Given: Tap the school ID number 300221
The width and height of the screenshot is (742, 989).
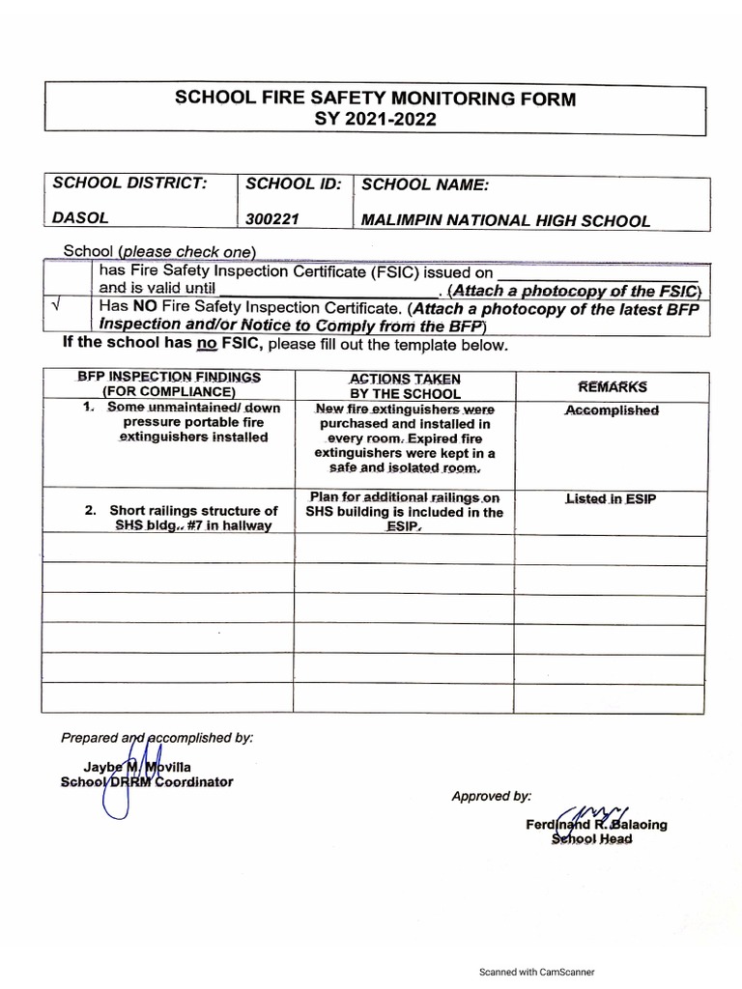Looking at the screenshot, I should (x=272, y=220).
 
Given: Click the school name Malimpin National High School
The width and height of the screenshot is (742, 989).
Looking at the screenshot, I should (x=505, y=220).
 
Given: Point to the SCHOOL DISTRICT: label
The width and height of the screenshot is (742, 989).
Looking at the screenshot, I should (x=129, y=184).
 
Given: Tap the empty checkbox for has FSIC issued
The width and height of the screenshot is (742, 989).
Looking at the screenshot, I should (x=66, y=279).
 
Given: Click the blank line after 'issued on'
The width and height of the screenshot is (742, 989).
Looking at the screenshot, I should (x=596, y=272).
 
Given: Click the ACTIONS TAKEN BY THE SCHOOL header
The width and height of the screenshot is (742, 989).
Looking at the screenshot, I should (x=405, y=385).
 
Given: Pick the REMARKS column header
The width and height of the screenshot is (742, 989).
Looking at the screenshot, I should (x=612, y=386).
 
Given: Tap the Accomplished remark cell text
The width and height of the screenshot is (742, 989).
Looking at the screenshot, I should (x=612, y=410).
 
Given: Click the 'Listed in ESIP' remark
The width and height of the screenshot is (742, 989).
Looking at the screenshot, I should (x=612, y=499).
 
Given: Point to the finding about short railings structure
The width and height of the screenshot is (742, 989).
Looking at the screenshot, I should (x=192, y=517).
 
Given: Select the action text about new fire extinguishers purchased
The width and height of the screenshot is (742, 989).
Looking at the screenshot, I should (x=405, y=438).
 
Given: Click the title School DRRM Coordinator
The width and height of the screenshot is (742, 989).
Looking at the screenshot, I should (x=146, y=781).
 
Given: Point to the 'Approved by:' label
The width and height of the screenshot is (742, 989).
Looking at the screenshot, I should (x=491, y=796).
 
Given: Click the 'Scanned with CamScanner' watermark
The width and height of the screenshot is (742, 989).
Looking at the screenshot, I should (x=537, y=972).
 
